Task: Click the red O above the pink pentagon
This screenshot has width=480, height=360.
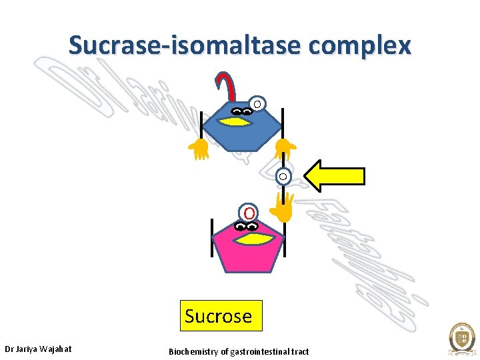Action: pos(248,213)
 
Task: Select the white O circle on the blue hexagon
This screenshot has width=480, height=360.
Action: pos(257,104)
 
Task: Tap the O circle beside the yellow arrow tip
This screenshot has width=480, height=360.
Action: pos(283,177)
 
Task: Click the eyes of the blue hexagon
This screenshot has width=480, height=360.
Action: pos(241,111)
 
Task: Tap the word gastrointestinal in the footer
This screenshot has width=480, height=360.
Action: pos(259,351)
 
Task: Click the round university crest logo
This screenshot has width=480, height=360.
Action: pos(461,339)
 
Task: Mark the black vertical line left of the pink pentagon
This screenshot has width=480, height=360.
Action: pos(211,237)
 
